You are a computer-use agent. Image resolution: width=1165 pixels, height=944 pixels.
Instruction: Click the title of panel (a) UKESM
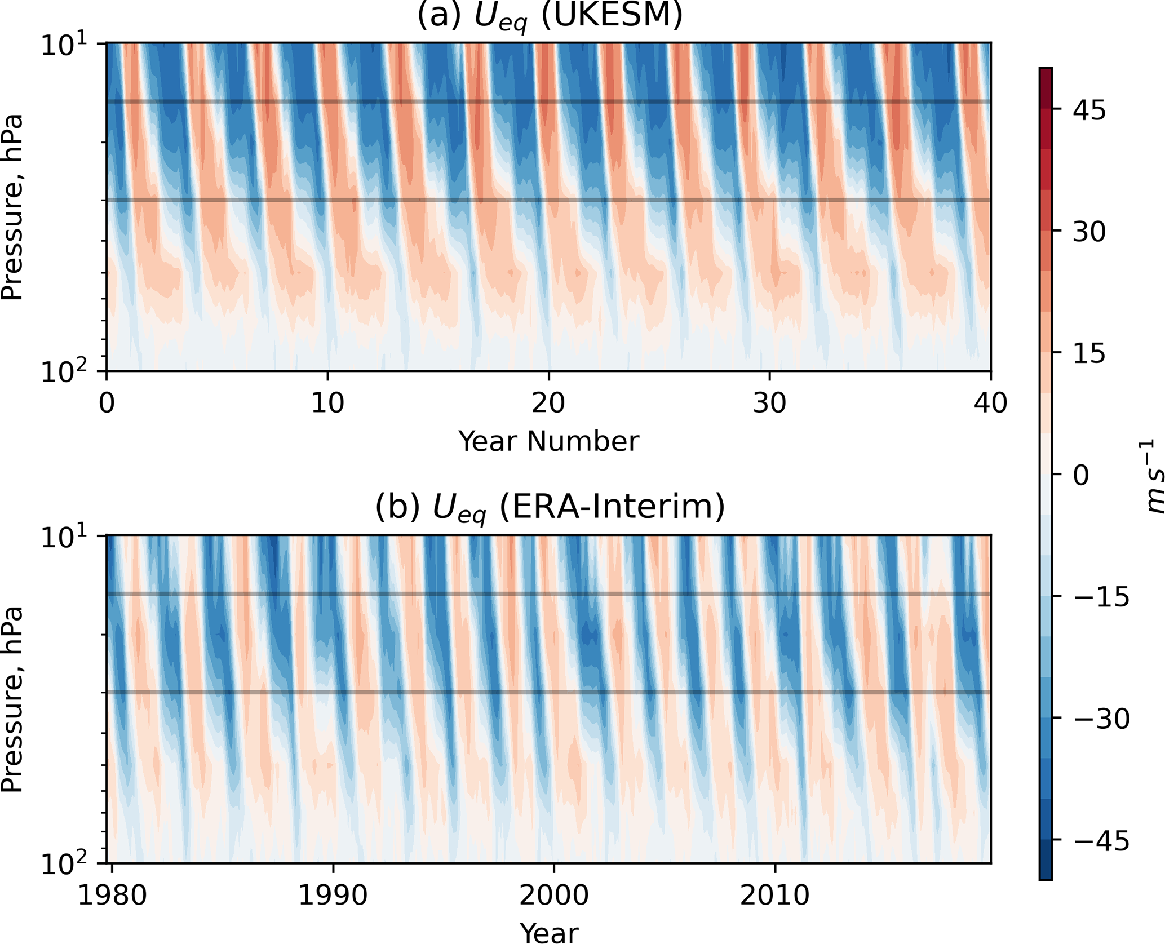point(550,16)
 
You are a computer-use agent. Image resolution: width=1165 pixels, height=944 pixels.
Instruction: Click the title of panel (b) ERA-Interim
point(550,507)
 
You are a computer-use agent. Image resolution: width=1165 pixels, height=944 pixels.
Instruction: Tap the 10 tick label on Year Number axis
point(327,404)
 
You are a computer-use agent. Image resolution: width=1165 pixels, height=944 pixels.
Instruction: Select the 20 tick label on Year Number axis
point(548,404)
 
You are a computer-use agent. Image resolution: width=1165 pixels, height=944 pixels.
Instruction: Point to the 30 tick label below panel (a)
point(769,404)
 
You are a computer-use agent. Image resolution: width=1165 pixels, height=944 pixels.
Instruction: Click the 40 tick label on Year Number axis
point(990,404)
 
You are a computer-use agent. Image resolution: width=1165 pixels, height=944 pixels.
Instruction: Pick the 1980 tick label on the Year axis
point(112,895)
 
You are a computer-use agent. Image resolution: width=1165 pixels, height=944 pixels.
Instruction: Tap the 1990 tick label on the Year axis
point(333,895)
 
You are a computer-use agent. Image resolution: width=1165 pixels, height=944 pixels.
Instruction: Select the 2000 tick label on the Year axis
point(554,895)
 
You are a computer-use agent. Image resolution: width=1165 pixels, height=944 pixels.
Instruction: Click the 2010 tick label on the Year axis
point(774,895)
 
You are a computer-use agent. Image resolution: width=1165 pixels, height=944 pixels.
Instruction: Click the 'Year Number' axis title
point(548,441)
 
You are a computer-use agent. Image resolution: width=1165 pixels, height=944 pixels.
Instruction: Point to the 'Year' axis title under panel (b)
point(548,932)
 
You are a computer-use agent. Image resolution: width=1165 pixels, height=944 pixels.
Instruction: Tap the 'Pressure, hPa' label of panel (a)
point(12,207)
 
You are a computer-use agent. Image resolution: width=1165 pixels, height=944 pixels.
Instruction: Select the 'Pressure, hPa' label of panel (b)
point(12,699)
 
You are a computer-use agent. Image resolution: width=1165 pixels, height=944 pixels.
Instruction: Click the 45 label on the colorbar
point(1089,111)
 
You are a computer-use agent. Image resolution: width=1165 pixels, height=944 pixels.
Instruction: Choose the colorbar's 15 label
point(1089,354)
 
